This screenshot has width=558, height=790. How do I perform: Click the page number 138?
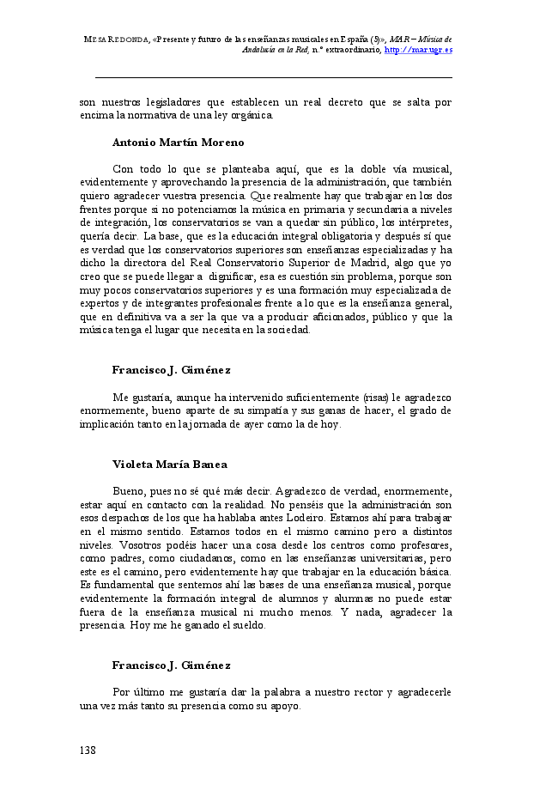point(88,750)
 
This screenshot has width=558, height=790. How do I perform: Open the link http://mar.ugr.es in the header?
point(419,50)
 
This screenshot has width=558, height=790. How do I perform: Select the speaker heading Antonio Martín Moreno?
point(178,142)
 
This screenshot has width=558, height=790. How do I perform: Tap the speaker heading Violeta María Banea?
point(169,464)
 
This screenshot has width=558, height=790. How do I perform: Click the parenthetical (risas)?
point(374,397)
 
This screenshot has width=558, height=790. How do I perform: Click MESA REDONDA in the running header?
point(115,39)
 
